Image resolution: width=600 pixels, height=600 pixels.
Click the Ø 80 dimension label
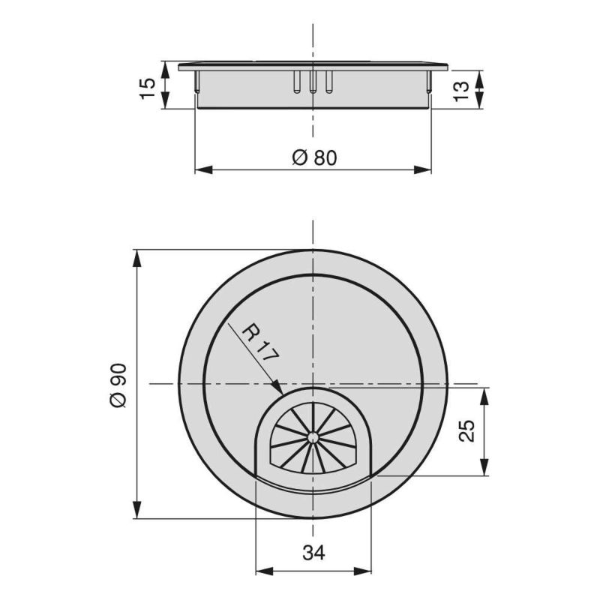(x=313, y=157)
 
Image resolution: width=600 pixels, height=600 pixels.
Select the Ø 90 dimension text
(x=119, y=385)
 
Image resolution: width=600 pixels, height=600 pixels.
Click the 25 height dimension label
(x=467, y=431)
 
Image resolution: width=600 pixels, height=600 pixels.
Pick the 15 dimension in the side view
(x=148, y=85)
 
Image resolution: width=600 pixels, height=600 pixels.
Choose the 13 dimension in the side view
(x=463, y=88)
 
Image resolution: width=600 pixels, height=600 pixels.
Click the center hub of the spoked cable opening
(x=311, y=435)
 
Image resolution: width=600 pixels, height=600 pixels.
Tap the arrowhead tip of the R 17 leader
(x=282, y=392)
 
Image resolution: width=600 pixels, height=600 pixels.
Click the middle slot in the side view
(x=313, y=82)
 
